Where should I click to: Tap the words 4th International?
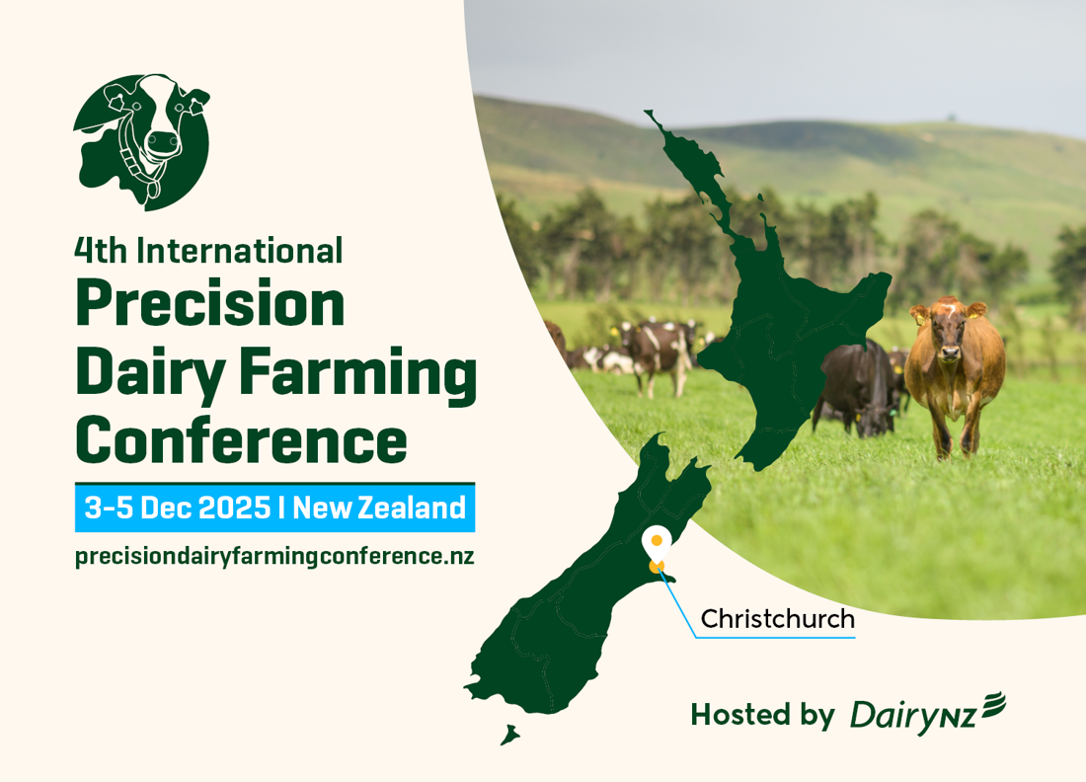(x=208, y=250)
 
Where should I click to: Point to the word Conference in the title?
(x=241, y=441)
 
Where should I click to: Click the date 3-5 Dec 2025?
(x=178, y=508)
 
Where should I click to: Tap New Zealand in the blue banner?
(x=379, y=508)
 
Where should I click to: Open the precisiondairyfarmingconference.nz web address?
(x=274, y=556)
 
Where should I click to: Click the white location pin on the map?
(x=656, y=542)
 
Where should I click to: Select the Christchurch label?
(x=777, y=619)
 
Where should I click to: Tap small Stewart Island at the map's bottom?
(x=509, y=736)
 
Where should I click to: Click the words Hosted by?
(x=762, y=715)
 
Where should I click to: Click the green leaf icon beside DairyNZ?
(x=992, y=703)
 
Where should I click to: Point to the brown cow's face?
(x=949, y=335)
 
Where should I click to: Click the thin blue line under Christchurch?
(x=775, y=638)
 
